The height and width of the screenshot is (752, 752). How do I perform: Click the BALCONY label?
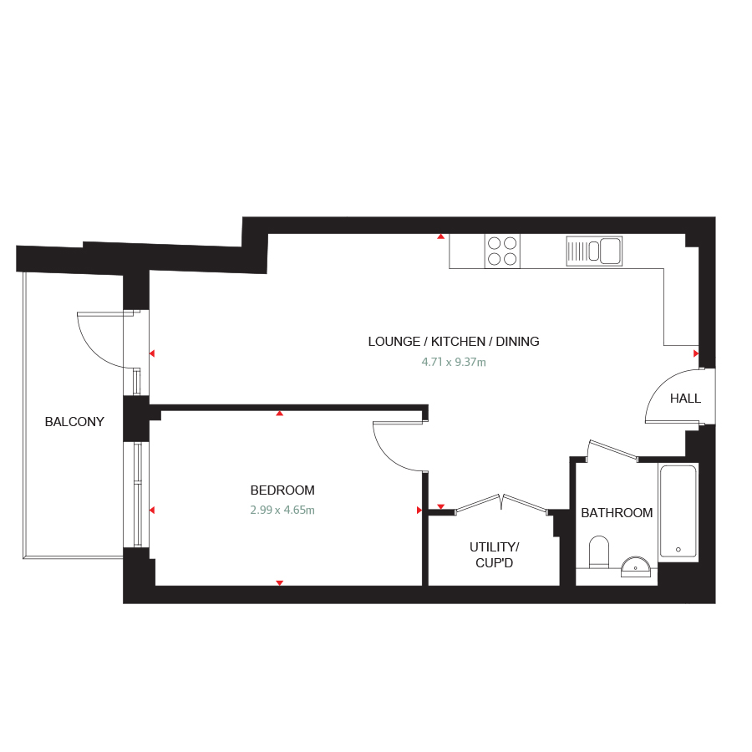[74, 422]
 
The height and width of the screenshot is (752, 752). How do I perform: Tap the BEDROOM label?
[282, 490]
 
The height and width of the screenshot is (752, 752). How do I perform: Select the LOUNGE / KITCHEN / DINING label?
[454, 342]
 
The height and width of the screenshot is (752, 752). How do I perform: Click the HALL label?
[685, 398]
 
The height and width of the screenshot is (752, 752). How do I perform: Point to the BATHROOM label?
[617, 513]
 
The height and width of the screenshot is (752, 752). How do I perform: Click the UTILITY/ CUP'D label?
[494, 555]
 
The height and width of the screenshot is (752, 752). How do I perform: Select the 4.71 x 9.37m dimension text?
[454, 362]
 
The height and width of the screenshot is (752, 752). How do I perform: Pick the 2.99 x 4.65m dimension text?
[282, 510]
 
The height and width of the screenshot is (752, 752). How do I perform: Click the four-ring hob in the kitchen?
[502, 251]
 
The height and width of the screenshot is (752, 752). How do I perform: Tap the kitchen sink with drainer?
[594, 251]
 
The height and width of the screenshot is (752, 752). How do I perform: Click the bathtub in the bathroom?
[678, 511]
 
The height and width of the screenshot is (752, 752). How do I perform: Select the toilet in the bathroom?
[598, 552]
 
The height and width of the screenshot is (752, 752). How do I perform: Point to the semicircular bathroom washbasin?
[636, 567]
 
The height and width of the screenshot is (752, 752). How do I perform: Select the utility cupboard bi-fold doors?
[501, 504]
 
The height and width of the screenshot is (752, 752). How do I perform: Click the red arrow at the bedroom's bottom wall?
[280, 582]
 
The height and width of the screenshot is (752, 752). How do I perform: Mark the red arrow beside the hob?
[440, 236]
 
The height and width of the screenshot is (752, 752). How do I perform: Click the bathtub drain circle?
[678, 550]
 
